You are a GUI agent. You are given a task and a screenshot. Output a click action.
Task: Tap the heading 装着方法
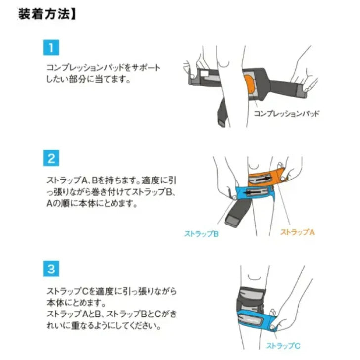45,14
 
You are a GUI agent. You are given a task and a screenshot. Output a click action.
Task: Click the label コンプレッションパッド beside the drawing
286,113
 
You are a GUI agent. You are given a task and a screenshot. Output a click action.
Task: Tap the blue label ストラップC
283,346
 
